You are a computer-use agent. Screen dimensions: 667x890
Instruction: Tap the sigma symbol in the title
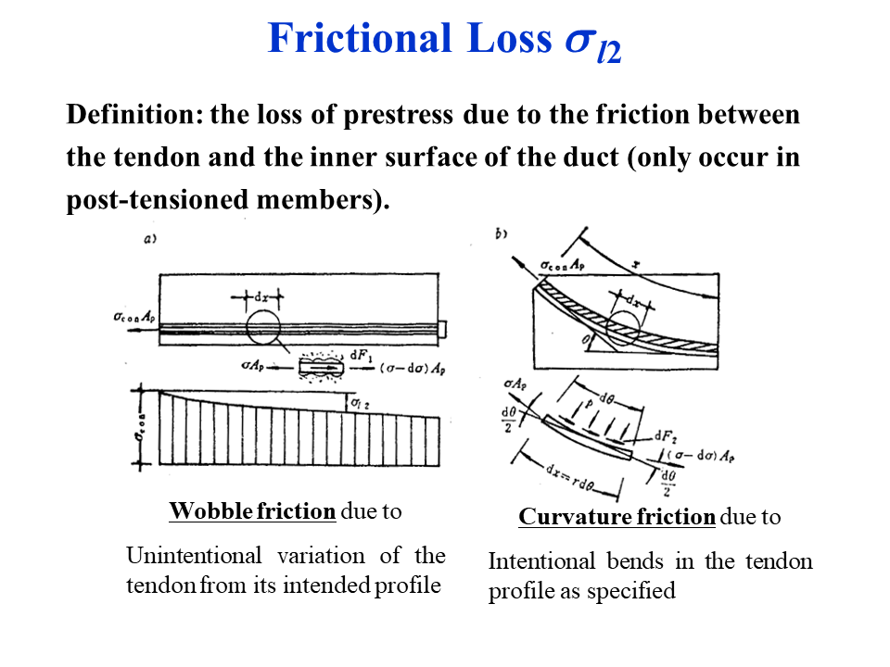[577, 41]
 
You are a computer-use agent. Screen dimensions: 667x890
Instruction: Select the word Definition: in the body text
[133, 116]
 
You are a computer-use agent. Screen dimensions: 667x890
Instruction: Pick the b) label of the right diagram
[502, 234]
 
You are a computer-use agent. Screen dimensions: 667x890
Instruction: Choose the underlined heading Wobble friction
[252, 511]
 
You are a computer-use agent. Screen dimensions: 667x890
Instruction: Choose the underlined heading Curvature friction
[617, 517]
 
